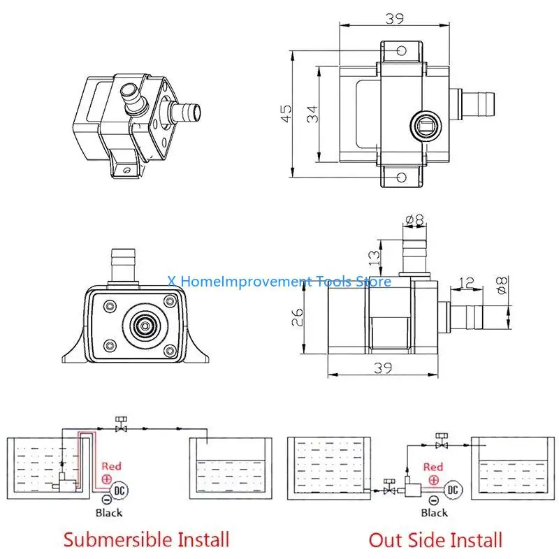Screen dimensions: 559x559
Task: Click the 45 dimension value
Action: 286,113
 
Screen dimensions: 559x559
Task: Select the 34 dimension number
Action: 312,112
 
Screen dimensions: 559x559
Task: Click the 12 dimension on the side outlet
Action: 467,283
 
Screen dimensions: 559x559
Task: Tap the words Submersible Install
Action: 146,539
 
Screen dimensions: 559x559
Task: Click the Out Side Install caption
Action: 435,539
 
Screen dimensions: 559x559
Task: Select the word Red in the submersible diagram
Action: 112,465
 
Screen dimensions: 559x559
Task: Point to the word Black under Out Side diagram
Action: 434,513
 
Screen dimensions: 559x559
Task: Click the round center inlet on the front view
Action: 145,325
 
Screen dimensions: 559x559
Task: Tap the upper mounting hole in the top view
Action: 401,51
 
